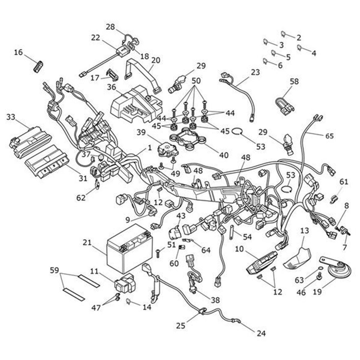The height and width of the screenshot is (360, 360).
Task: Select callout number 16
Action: tap(18, 52)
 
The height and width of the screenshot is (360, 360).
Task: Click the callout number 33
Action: tap(10, 117)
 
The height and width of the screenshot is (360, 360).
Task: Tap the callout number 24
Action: tap(261, 333)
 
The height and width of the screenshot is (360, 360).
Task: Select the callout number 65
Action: tap(329, 136)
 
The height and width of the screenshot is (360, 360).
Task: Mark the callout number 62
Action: tap(81, 198)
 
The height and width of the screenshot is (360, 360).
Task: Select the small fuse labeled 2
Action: tap(283, 34)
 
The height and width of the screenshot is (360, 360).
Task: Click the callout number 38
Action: tap(215, 300)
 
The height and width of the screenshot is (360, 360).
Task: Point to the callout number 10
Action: tap(239, 249)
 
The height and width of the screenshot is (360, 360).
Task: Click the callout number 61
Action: tap(344, 181)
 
